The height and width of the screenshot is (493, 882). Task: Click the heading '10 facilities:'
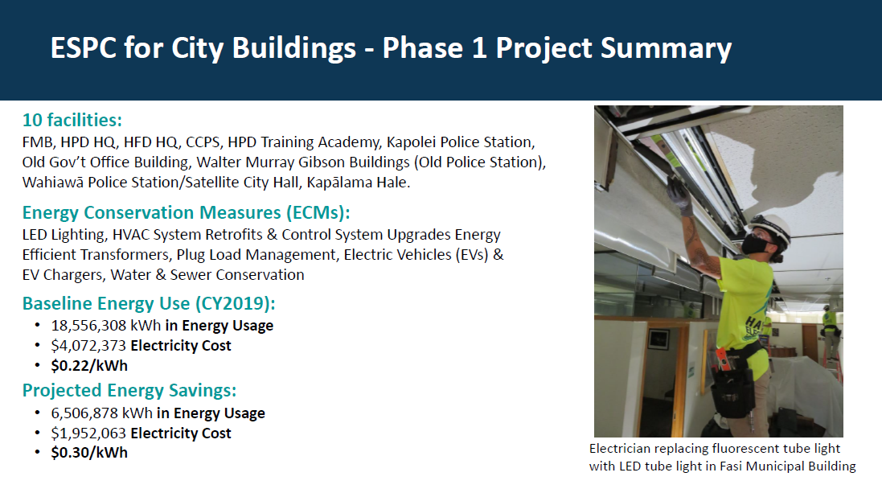pos(72,120)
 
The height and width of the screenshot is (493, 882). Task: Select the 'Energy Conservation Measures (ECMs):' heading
pos(187,213)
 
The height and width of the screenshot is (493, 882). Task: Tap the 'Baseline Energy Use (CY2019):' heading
pos(149,303)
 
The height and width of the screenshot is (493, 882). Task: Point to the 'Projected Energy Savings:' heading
pos(129,391)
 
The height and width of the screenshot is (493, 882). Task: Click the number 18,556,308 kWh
pos(106,326)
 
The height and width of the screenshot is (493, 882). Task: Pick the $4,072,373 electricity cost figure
pos(89,346)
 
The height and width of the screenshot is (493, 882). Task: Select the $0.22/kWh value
pos(89,366)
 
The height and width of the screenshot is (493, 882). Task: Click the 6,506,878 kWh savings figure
pos(102,413)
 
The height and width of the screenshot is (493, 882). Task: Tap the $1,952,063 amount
pos(89,433)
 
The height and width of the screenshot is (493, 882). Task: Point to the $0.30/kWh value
pos(89,453)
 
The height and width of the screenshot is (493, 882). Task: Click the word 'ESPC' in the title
pos(84,47)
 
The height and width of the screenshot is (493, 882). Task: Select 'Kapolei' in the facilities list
pos(408,142)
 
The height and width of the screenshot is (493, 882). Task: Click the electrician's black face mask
pos(755,244)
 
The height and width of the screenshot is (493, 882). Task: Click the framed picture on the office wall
pos(658,339)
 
